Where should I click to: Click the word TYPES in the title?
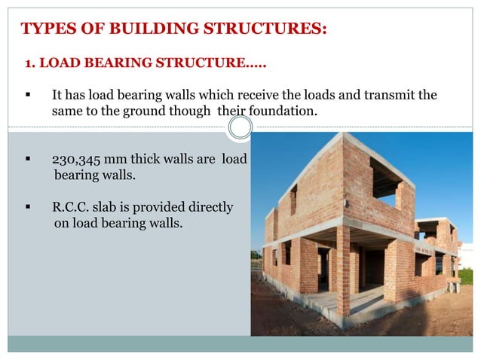47,30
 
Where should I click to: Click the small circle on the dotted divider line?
240,127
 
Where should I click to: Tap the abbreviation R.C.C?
71,206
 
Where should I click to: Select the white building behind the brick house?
467,256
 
